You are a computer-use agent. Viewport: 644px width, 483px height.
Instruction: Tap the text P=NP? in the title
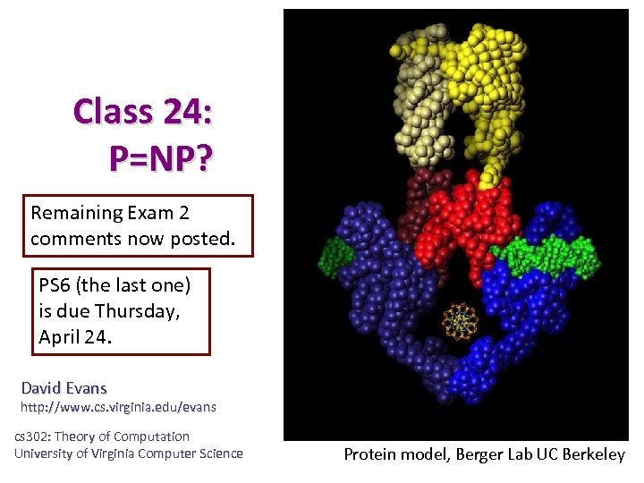(160, 158)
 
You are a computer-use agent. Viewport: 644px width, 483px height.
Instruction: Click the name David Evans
(64, 388)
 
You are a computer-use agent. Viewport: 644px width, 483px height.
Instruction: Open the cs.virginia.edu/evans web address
(118, 407)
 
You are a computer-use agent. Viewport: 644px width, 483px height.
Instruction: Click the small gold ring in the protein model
(459, 319)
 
